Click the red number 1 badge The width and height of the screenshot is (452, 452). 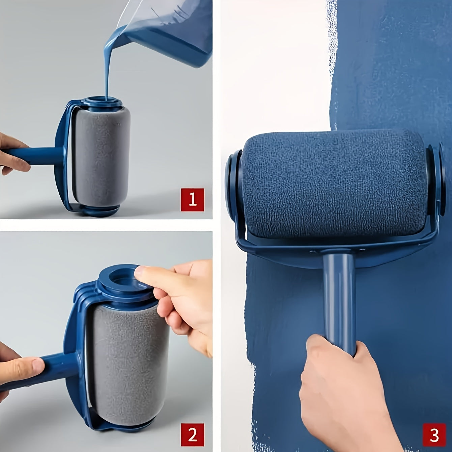(x=192, y=200)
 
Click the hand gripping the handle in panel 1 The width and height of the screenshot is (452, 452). (x=12, y=152)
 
